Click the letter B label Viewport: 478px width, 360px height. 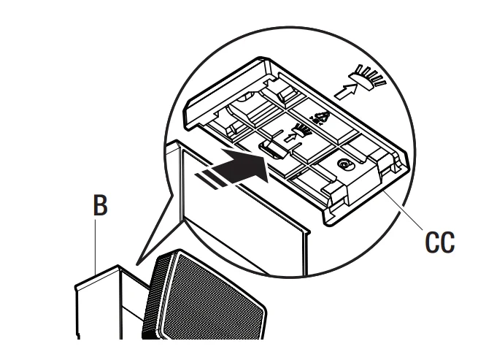tap(100, 205)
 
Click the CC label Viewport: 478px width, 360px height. tap(439, 242)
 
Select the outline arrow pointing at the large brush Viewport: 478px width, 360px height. tap(346, 91)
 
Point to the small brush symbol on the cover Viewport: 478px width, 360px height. tap(302, 130)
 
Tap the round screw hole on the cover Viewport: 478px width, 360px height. tap(346, 165)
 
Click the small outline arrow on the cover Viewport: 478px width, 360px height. tap(290, 137)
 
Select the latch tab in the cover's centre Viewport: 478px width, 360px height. tap(272, 149)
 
